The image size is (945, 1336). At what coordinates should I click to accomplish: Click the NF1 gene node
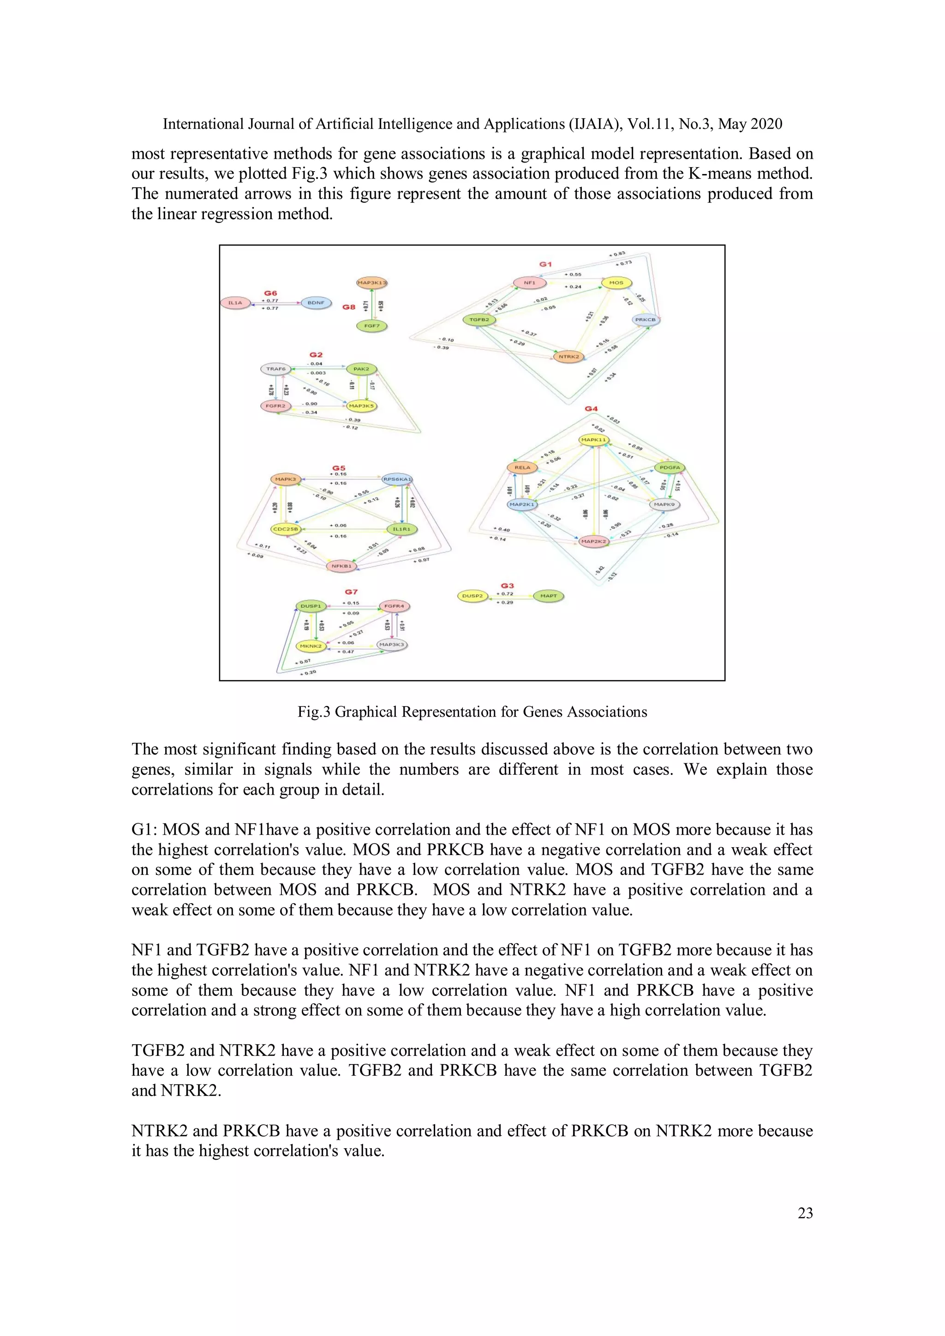[x=530, y=283]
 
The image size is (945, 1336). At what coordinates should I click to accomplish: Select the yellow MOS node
[x=616, y=283]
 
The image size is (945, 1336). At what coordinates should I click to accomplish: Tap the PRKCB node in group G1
[x=646, y=319]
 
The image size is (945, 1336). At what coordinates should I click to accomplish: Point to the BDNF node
[x=316, y=303]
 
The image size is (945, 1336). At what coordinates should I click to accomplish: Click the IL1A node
[x=235, y=303]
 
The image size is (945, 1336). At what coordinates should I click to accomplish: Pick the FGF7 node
[x=372, y=326]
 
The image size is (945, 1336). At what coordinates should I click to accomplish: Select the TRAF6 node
[x=276, y=369]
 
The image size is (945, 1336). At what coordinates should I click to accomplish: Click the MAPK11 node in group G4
[x=593, y=440]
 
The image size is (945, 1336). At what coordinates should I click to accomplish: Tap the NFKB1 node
[x=341, y=566]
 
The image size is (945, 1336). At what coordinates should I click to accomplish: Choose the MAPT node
[x=548, y=596]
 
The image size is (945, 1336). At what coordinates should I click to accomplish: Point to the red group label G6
[x=270, y=293]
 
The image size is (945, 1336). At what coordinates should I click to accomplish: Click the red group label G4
[x=591, y=409]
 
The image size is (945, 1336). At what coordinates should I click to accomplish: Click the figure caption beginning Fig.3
[x=472, y=712]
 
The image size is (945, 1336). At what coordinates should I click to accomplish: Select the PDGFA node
[x=670, y=467]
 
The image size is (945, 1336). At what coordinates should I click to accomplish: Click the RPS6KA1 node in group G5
[x=397, y=479]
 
